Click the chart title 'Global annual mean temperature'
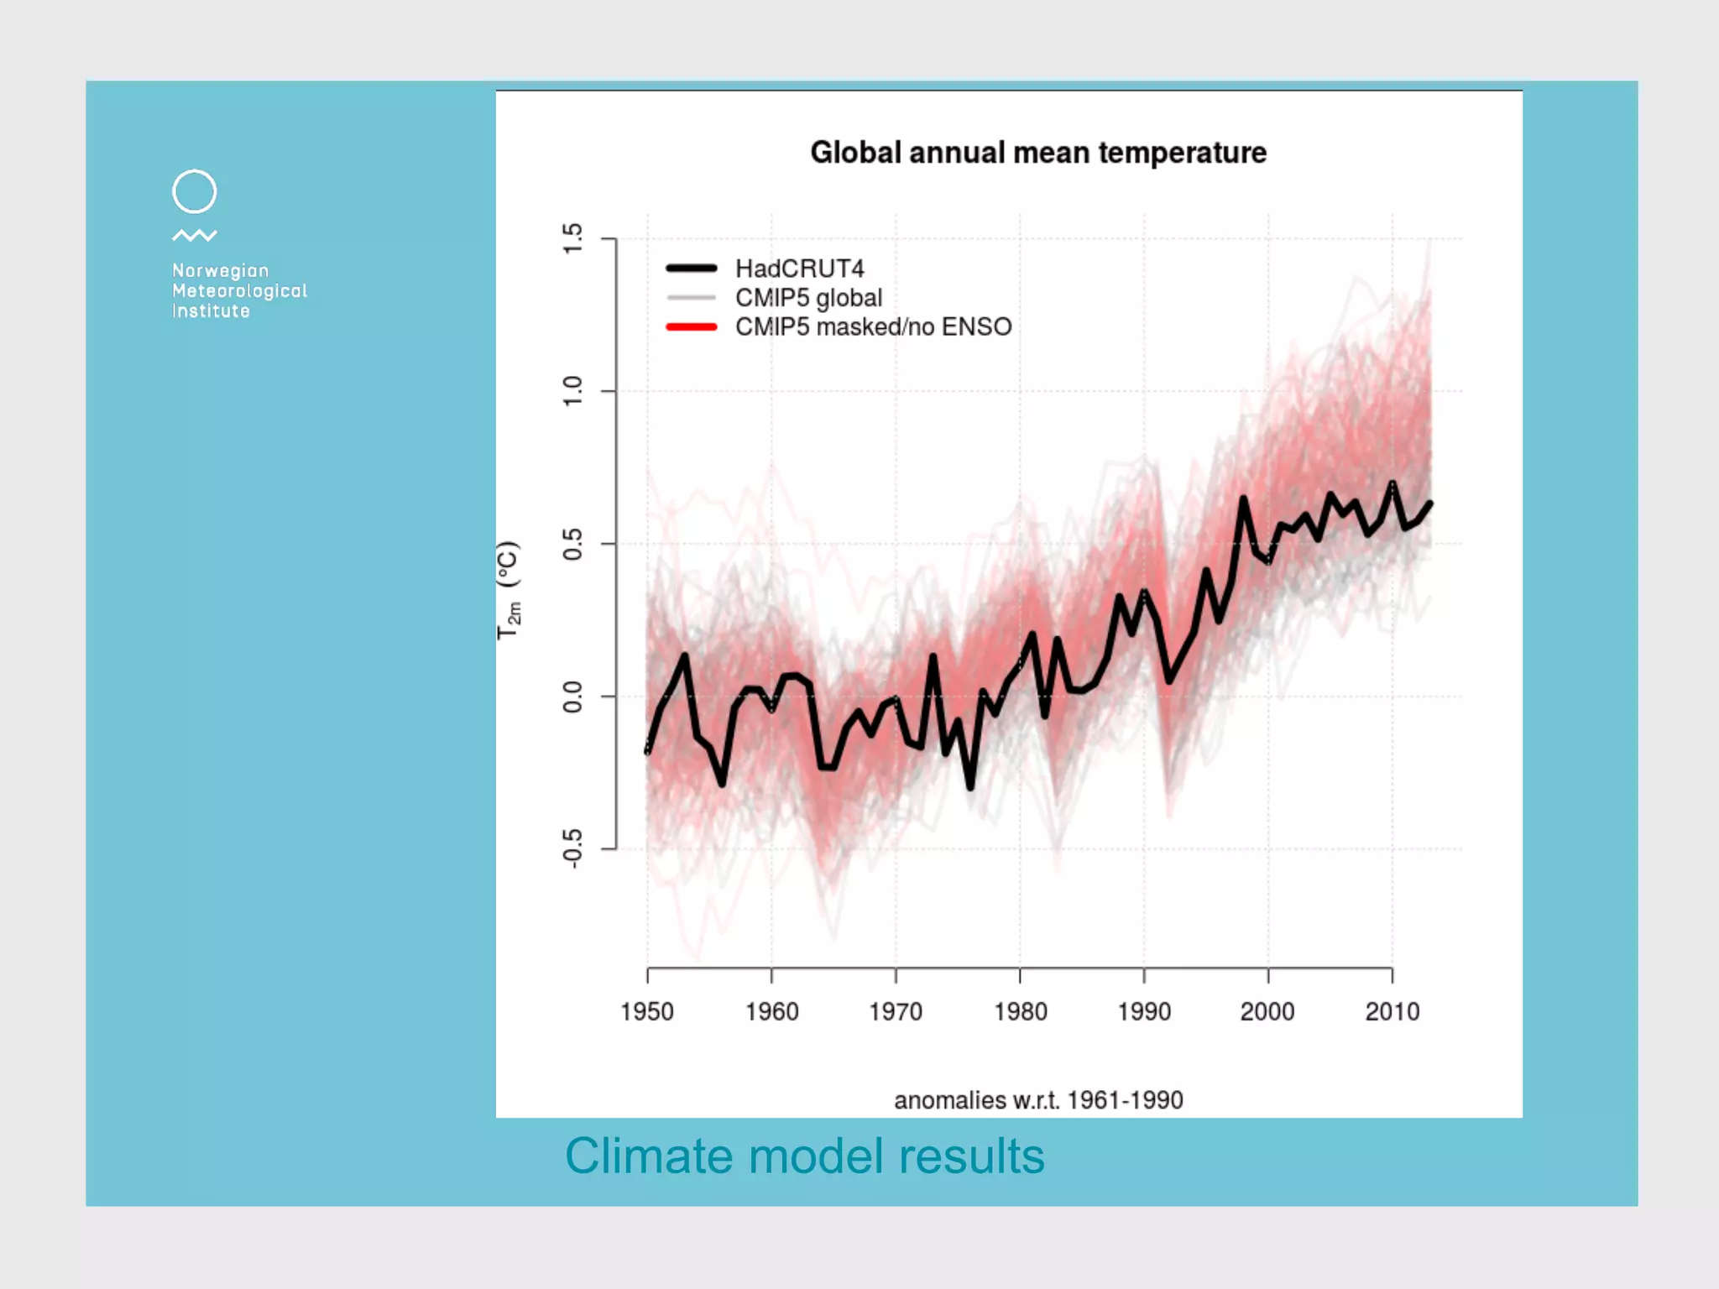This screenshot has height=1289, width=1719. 1038,153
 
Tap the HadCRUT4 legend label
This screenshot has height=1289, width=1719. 799,269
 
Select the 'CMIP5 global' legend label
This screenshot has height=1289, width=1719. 808,298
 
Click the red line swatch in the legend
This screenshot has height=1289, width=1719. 691,327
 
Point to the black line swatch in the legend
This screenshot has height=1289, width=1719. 691,269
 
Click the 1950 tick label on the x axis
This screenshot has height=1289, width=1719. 647,1011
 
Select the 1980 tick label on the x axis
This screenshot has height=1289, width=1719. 1020,1011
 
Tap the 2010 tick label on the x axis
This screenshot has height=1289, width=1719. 1392,1011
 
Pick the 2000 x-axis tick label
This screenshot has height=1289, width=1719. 1267,1011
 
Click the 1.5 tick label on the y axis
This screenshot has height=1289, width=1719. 572,239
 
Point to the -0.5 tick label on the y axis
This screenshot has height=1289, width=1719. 572,848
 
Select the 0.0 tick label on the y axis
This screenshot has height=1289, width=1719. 572,697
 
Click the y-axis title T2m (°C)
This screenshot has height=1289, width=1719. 509,589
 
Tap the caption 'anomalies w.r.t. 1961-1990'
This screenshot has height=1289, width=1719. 1038,1100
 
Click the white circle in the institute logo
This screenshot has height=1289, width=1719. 195,191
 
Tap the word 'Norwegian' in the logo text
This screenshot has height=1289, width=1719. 220,270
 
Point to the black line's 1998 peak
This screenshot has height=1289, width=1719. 1243,499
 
